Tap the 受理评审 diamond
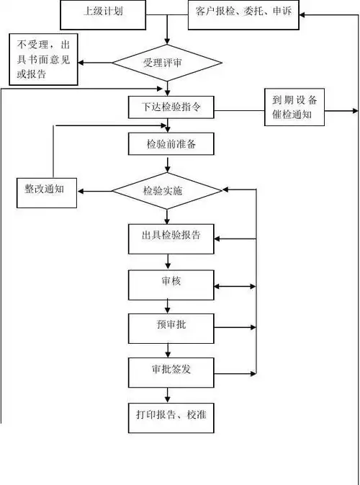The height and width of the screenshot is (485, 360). (x=167, y=63)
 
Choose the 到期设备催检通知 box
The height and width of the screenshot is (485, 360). (x=294, y=108)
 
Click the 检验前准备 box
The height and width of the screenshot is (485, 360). (x=171, y=143)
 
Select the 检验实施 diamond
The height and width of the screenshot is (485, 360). (x=167, y=191)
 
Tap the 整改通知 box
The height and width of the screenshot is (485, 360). (x=46, y=190)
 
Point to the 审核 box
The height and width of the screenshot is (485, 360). (x=171, y=284)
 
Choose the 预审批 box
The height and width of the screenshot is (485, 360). (x=171, y=327)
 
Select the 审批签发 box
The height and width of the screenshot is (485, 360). (x=171, y=372)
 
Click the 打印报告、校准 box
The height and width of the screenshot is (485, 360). (x=171, y=417)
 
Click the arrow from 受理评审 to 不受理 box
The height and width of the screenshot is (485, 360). (x=95, y=63)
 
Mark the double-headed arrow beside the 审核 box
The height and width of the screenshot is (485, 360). (x=235, y=286)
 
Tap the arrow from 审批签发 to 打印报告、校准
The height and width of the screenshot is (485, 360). (x=167, y=394)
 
